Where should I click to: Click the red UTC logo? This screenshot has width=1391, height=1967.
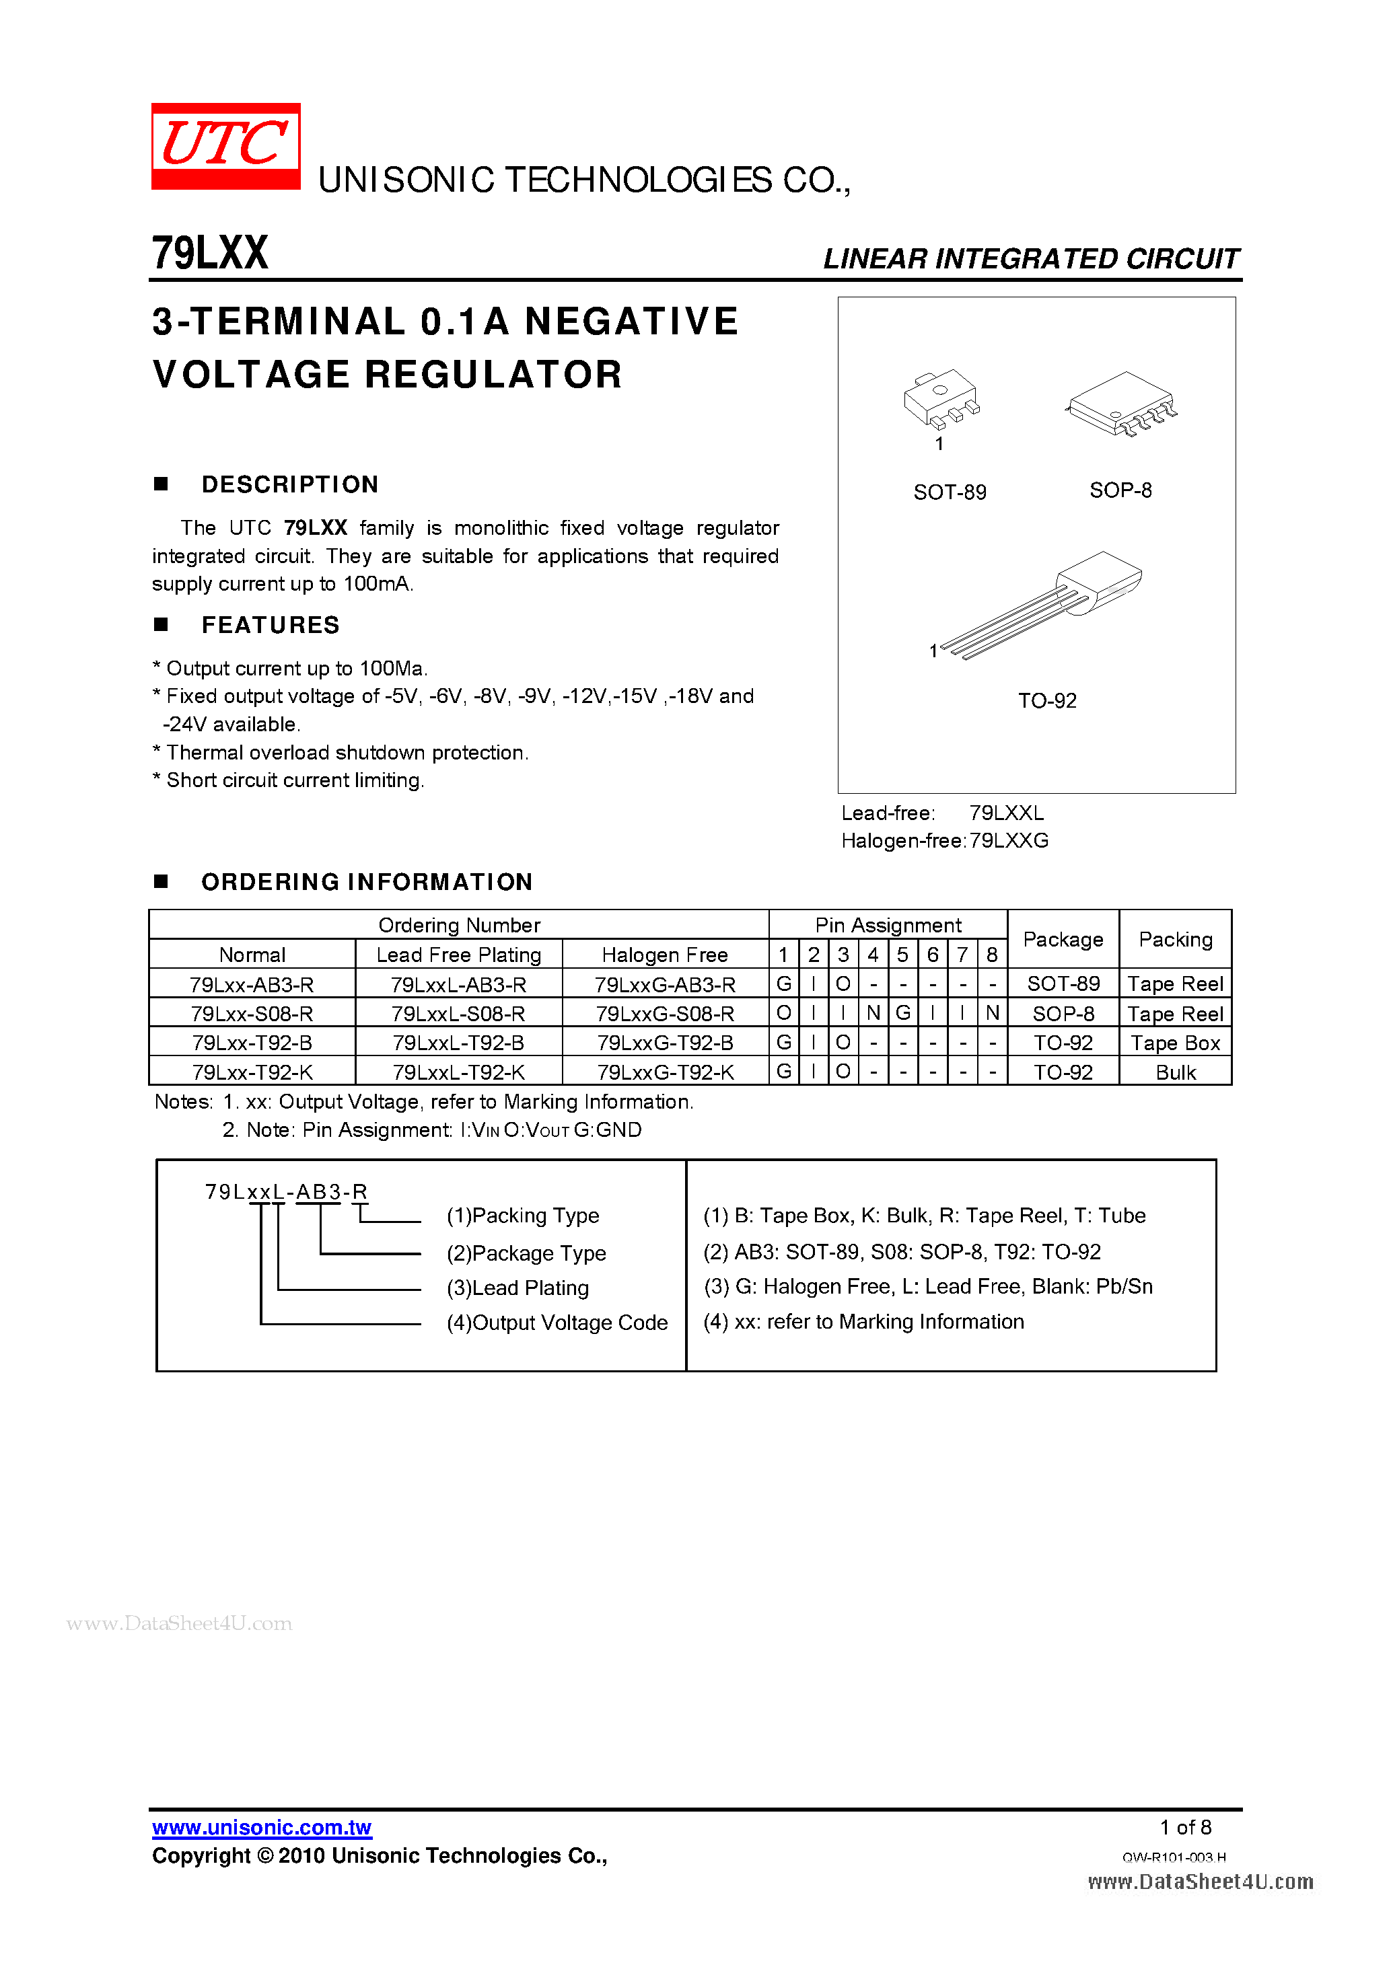(x=225, y=145)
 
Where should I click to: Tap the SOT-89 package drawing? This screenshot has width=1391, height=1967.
(x=940, y=398)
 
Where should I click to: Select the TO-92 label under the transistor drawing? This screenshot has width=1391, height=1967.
(x=1046, y=701)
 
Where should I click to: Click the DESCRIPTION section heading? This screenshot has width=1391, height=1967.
(x=289, y=485)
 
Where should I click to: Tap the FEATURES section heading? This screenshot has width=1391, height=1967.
(x=270, y=626)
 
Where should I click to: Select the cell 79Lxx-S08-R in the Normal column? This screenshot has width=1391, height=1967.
(x=252, y=1014)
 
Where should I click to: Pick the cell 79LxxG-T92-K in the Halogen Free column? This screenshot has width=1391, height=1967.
(x=665, y=1072)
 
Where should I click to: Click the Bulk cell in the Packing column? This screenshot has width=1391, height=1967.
(x=1175, y=1072)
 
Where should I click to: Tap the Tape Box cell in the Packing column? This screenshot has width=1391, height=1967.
(x=1175, y=1043)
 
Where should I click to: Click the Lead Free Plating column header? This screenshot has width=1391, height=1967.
(x=458, y=955)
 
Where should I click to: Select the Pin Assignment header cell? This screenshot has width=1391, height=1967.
(x=888, y=925)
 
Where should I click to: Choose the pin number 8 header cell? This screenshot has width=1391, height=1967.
(x=992, y=955)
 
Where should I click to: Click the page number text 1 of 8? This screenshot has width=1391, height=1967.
(x=1185, y=1827)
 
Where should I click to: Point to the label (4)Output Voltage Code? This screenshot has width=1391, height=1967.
(x=557, y=1323)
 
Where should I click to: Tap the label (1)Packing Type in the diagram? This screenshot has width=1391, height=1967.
(x=523, y=1216)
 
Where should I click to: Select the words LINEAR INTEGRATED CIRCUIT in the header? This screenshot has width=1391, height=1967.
(x=1031, y=259)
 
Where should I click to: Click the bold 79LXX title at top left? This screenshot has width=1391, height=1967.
(x=210, y=254)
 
